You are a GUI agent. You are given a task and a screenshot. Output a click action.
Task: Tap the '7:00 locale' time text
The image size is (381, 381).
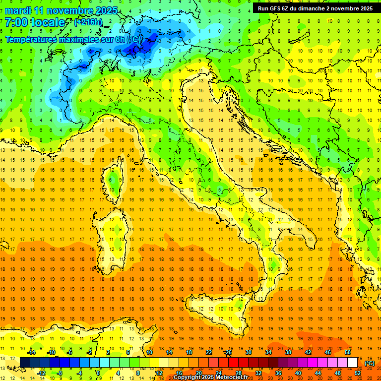pos(35,22)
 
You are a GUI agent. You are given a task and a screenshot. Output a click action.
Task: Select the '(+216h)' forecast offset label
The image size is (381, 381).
pos(88,22)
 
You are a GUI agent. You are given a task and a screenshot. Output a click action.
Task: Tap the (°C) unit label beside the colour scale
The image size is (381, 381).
pos(370,363)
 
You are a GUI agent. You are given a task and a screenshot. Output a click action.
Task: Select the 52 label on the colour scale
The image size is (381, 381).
pos(358,373)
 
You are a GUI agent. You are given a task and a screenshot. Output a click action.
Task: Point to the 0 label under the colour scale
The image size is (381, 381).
pos(98,373)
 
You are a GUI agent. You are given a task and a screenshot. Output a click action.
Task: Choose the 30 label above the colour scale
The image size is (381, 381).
pos(248,352)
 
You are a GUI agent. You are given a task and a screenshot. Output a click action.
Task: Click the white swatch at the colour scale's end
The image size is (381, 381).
pos(353,363)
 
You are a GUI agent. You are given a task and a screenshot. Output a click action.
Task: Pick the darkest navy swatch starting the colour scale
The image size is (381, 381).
pos(25,363)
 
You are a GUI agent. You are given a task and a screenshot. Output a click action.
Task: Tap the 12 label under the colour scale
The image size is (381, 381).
pos(159,373)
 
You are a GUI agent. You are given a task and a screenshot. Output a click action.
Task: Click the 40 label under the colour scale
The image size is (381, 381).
pos(298,373)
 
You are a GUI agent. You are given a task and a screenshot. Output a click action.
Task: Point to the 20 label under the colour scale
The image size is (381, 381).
pos(198,373)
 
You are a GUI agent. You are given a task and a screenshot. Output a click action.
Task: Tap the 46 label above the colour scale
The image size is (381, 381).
pos(327,352)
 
